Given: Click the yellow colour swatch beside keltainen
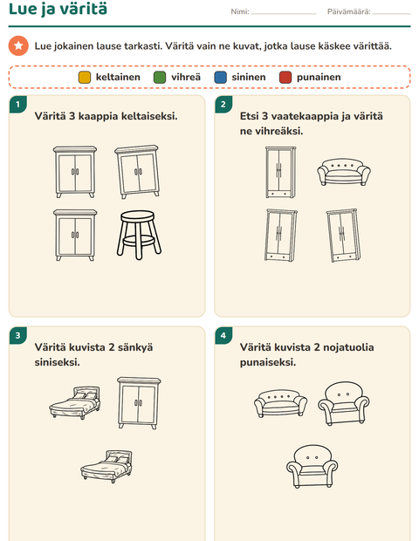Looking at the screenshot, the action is tap(85, 78).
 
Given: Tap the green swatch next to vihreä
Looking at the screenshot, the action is tap(160, 78).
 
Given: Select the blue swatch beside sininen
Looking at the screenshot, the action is tap(220, 78).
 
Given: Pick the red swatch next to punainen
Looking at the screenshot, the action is tap(285, 78).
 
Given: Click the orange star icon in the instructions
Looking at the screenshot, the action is tap(18, 46).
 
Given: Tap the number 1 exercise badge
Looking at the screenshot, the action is tap(18, 104).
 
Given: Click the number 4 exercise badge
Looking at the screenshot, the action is tap(223, 335).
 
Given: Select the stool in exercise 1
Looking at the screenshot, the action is tap(139, 235).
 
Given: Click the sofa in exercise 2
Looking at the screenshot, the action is tap(343, 172).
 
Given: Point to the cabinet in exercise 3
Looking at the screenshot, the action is tap(139, 403).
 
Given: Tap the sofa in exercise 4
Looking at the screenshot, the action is tap(280, 403).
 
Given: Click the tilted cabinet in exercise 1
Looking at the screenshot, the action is tap(138, 172).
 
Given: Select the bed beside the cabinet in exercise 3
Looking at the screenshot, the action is tap(75, 402).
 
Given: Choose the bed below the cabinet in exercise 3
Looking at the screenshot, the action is tap(106, 467).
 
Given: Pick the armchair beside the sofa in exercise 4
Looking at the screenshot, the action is tap(343, 403).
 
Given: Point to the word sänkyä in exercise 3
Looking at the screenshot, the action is tap(135, 347).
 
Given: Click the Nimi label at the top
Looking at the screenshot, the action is tap(240, 11).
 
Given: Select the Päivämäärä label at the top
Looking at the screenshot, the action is tap(348, 11).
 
